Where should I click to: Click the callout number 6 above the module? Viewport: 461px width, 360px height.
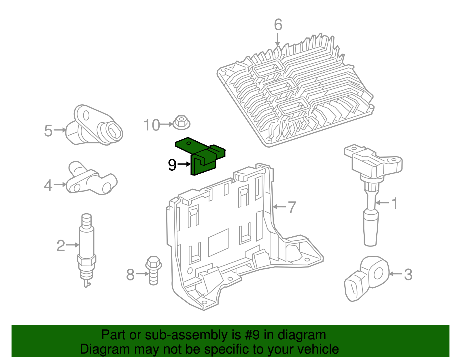tap(278, 25)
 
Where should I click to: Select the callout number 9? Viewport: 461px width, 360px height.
tap(172, 165)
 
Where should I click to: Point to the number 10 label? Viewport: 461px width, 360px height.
tap(152, 125)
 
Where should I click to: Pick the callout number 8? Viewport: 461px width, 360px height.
tap(131, 274)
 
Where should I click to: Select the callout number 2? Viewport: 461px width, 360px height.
tap(61, 246)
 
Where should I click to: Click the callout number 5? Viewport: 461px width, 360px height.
tap(48, 131)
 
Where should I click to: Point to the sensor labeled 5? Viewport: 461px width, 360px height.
tap(94, 127)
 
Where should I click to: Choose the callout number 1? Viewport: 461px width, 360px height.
tap(395, 203)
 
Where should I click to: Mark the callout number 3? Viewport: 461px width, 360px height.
tap(408, 275)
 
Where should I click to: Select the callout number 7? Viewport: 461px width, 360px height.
tap(292, 207)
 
